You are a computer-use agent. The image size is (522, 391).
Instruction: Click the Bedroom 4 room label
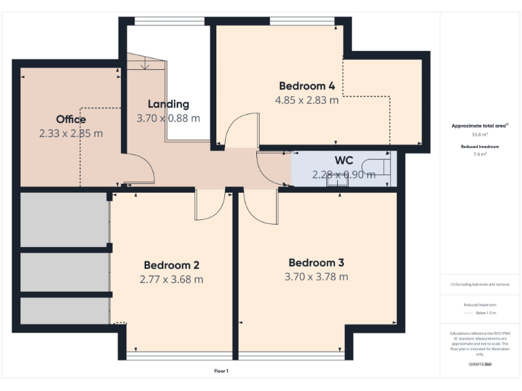[x=307, y=86]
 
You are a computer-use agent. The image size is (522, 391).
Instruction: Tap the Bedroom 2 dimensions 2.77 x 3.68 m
[x=171, y=279]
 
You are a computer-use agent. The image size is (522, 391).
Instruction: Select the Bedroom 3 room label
[x=316, y=263]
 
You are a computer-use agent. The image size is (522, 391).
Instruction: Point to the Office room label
[x=71, y=119]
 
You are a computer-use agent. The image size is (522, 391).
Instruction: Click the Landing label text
[x=169, y=104]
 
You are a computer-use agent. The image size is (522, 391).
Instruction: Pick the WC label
[x=343, y=161]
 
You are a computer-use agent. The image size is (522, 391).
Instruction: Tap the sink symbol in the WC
[x=336, y=179]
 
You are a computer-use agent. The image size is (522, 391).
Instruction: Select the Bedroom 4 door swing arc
[x=241, y=130]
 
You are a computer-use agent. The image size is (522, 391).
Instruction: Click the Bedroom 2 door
[x=209, y=205]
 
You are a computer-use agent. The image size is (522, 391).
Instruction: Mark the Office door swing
[x=139, y=169]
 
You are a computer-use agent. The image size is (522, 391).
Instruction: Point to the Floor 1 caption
[x=222, y=371]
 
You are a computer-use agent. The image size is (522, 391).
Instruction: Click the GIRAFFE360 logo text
[x=480, y=365]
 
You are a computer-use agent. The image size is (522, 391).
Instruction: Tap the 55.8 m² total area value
[x=480, y=135]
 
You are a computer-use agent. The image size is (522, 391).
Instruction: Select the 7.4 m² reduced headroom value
[x=480, y=155]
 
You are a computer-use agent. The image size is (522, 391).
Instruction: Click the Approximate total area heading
[x=480, y=126]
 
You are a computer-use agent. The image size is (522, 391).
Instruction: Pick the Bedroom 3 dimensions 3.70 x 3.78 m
[x=316, y=276]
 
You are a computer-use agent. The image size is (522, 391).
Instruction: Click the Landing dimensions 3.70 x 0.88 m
[x=169, y=117]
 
